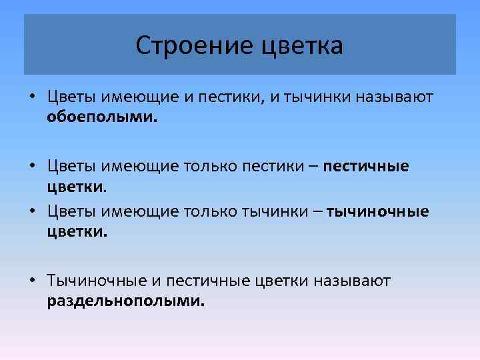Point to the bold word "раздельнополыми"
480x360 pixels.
(126, 301)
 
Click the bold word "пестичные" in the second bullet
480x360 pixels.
(367, 165)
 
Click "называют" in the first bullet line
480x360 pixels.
(395, 98)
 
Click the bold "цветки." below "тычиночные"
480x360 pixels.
(77, 231)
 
